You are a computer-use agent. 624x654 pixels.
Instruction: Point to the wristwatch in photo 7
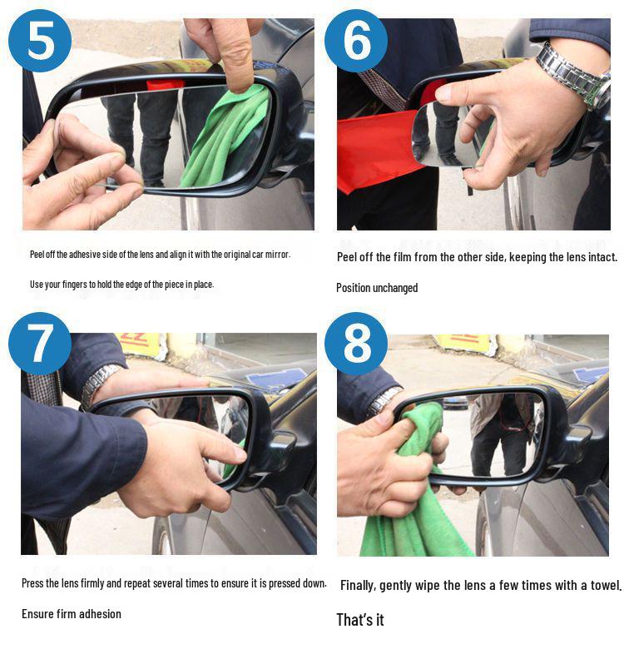pos(98,384)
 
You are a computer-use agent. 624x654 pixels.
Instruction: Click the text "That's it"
pos(359,620)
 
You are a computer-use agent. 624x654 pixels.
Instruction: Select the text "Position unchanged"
pos(377,288)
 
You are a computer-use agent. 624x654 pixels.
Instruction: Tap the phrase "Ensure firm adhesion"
pos(72,614)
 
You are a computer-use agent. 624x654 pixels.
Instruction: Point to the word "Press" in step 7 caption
pos(32,583)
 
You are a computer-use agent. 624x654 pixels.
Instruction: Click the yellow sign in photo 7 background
pos(138,344)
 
